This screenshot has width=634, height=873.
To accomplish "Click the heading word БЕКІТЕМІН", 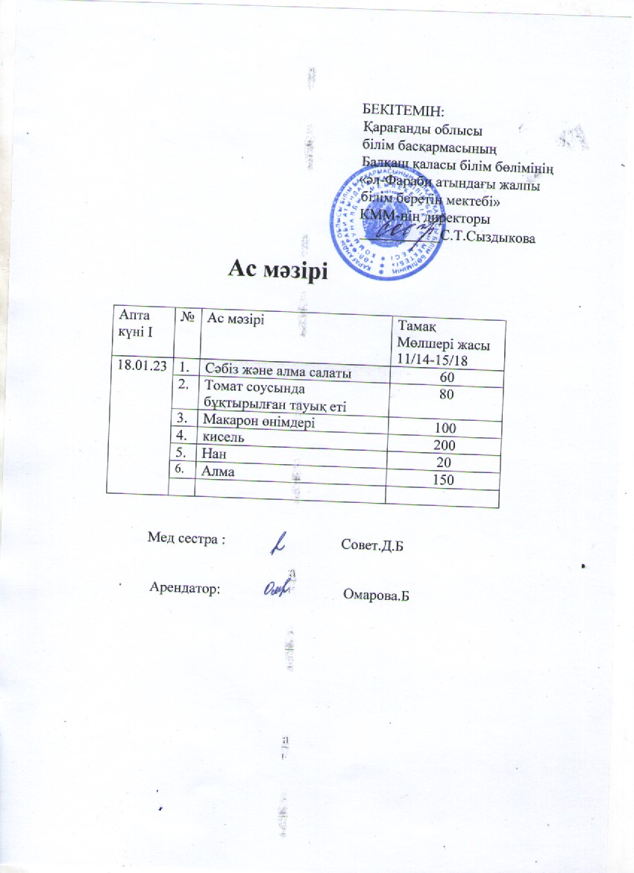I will pos(402,111).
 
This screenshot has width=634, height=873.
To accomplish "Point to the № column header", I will pos(188,318).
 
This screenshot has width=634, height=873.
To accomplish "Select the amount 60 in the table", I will pos(447,379).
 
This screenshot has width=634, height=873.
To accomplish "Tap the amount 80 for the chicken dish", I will pos(447,394).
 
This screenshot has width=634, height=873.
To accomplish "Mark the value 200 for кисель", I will pos(447,445).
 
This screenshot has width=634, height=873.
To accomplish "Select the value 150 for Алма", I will pos(447,478).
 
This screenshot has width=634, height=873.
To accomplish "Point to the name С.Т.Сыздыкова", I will pos(488,237).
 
